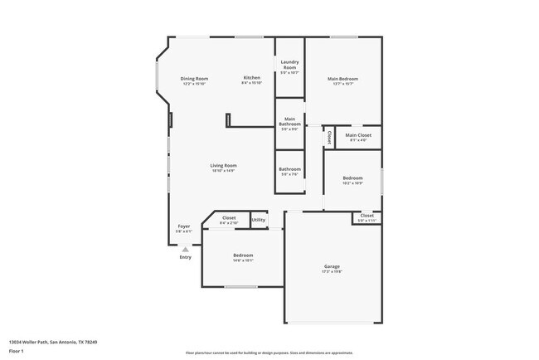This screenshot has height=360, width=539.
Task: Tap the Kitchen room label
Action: [x=251, y=78]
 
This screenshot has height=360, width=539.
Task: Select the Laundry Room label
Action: [x=289, y=63]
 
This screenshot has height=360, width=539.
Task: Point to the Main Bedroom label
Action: [x=342, y=79]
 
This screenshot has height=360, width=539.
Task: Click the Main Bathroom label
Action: [x=289, y=122]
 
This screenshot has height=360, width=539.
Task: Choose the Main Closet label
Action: [x=357, y=135]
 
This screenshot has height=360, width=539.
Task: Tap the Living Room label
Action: [x=223, y=165]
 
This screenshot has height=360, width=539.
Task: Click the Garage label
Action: [x=332, y=266]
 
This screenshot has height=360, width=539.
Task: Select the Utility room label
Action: [x=258, y=220]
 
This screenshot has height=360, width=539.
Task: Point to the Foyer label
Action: [x=184, y=226]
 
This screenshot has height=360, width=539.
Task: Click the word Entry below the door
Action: [x=185, y=257]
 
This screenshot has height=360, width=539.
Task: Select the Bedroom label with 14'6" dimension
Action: [x=243, y=255]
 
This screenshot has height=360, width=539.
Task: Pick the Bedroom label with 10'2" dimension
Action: [x=352, y=178]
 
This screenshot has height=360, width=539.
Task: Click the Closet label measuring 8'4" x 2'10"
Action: [x=228, y=218]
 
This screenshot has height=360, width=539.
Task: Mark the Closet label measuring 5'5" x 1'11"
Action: [x=367, y=216]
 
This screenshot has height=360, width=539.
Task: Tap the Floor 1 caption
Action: [x=17, y=352]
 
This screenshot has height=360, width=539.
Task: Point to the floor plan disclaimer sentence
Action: [x=269, y=353]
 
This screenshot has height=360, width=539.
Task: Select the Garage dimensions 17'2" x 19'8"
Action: [x=332, y=271]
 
